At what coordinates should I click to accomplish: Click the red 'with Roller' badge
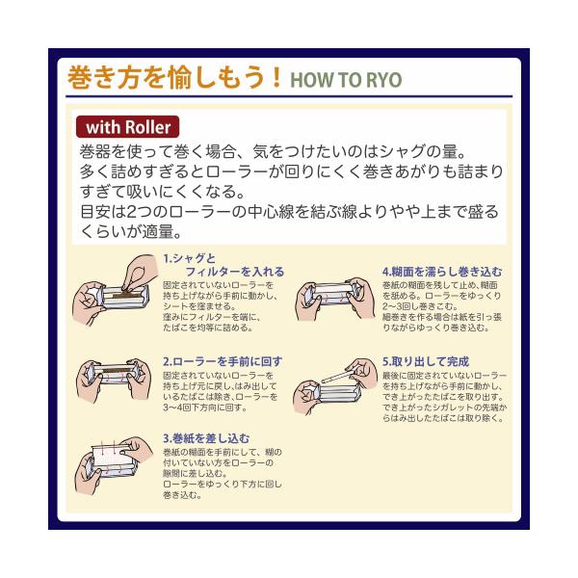(127, 127)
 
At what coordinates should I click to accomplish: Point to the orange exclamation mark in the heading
(276, 77)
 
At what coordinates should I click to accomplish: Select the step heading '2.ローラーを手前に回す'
(223, 361)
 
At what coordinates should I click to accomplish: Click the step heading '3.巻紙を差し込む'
(206, 438)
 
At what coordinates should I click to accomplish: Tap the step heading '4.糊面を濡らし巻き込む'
(442, 272)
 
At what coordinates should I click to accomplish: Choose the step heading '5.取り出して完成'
(426, 361)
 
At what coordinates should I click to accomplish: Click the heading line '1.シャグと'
(189, 258)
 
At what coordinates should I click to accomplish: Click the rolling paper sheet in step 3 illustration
(110, 454)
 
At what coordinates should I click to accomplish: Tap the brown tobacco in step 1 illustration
(126, 296)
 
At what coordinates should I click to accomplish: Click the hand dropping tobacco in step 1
(139, 272)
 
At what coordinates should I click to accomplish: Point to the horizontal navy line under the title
(289, 96)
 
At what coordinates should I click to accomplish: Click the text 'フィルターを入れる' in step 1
(235, 272)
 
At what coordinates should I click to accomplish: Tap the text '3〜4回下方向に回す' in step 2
(205, 407)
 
